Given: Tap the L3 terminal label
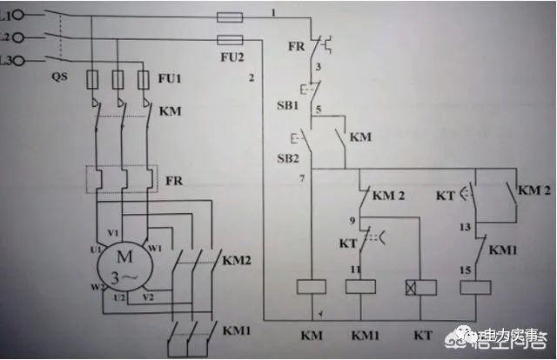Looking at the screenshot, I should pyautogui.click(x=6, y=59).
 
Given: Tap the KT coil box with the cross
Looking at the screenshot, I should pyautogui.click(x=413, y=287).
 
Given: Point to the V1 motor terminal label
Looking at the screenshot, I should pyautogui.click(x=113, y=233).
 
